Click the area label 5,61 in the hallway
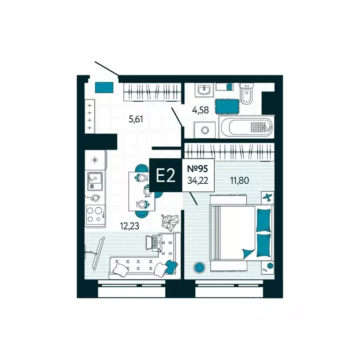(136, 119)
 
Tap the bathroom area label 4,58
(201, 110)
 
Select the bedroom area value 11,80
(240, 180)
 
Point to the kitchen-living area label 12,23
(129, 226)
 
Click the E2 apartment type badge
(166, 175)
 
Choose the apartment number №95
(197, 169)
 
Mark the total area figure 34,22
(198, 180)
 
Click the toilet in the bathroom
(247, 93)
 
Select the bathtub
(247, 127)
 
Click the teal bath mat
(227, 106)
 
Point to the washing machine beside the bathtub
(205, 130)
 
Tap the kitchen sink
(95, 180)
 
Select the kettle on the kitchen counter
(95, 197)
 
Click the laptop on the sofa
(154, 243)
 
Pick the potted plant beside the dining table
(170, 222)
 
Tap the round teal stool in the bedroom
(199, 267)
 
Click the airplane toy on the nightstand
(268, 197)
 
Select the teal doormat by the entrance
(104, 87)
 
